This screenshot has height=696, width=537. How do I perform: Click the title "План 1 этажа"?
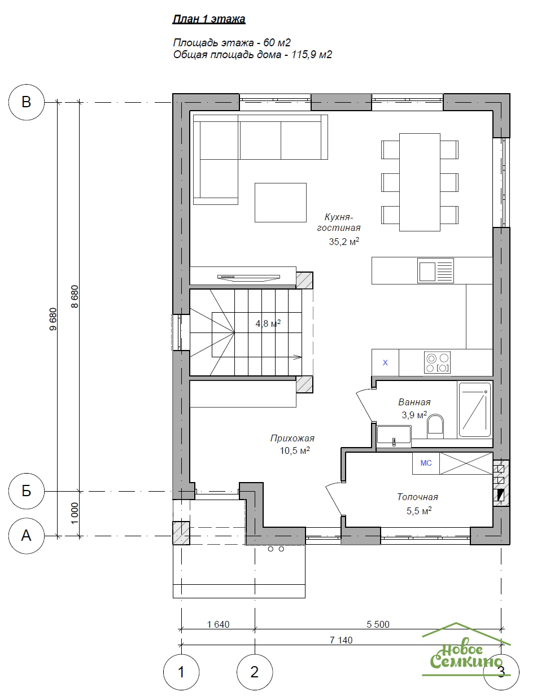tap(209, 19)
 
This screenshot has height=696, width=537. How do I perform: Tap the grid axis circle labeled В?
tap(27, 102)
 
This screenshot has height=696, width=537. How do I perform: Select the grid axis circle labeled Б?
tap(27, 491)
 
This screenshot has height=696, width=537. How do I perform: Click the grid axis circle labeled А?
tap(27, 536)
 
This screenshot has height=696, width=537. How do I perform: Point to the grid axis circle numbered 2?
tap(255, 672)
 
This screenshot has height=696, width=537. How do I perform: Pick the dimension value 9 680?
tap(53, 319)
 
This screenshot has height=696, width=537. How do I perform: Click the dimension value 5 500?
tap(378, 624)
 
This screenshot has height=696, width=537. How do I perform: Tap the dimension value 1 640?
tap(218, 624)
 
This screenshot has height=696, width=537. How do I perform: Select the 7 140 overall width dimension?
tap(341, 640)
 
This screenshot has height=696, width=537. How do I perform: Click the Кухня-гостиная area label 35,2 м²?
tap(344, 241)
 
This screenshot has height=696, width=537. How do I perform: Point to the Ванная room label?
tap(414, 402)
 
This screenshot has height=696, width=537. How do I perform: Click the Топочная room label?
tap(417, 497)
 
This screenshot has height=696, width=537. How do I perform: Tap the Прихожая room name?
tap(292, 438)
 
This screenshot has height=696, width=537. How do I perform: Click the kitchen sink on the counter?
tap(435, 270)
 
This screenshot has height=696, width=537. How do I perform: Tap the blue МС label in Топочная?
tap(426, 463)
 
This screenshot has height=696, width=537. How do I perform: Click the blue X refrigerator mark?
tap(385, 362)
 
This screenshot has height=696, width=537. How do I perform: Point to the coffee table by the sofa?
tap(280, 203)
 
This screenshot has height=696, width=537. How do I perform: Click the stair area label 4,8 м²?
tap(268, 323)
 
